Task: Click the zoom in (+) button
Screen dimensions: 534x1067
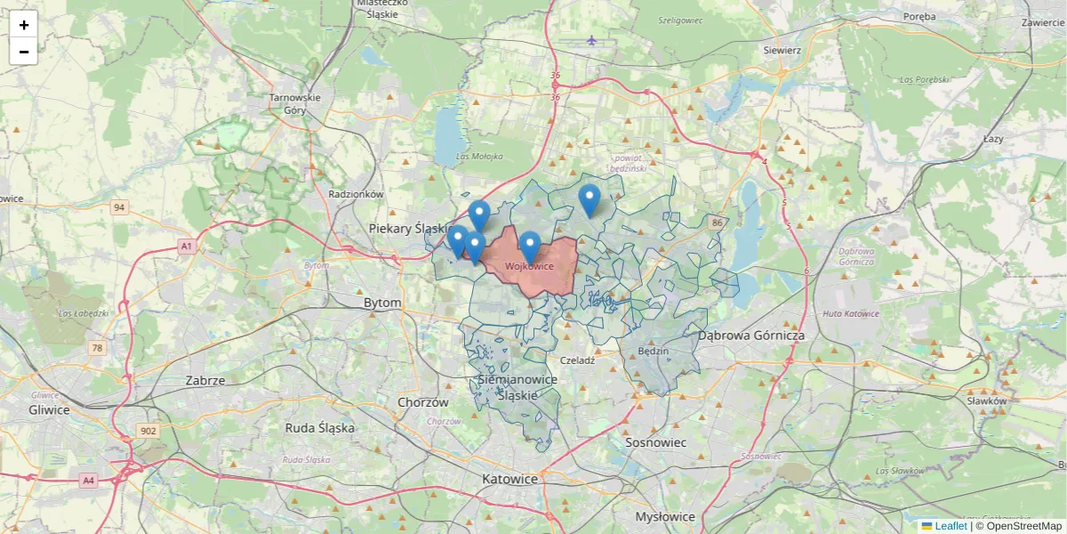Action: click(x=23, y=25)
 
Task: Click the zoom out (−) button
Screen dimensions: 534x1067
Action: click(x=23, y=52)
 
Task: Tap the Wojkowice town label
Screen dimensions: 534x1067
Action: click(x=529, y=266)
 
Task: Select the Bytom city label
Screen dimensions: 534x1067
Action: click(x=382, y=303)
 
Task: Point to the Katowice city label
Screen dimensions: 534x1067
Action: click(x=509, y=479)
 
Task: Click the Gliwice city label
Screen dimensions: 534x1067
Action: click(x=49, y=409)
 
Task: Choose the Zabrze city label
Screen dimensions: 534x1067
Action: click(x=205, y=380)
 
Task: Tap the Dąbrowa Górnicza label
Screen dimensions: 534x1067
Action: click(x=750, y=336)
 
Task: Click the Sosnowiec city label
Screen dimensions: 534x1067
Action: click(x=656, y=441)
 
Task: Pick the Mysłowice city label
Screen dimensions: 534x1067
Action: click(x=665, y=516)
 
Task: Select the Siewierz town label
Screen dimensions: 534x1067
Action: click(x=782, y=51)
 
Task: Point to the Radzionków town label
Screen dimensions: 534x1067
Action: click(x=355, y=193)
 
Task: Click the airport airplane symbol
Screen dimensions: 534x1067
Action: click(x=592, y=40)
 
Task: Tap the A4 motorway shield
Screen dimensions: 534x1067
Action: click(x=88, y=480)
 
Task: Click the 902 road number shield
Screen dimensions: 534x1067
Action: click(x=148, y=432)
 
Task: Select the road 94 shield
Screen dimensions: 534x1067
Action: click(x=119, y=207)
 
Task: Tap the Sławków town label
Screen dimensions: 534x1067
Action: click(x=986, y=401)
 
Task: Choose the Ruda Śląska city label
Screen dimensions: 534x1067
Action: click(x=319, y=427)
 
